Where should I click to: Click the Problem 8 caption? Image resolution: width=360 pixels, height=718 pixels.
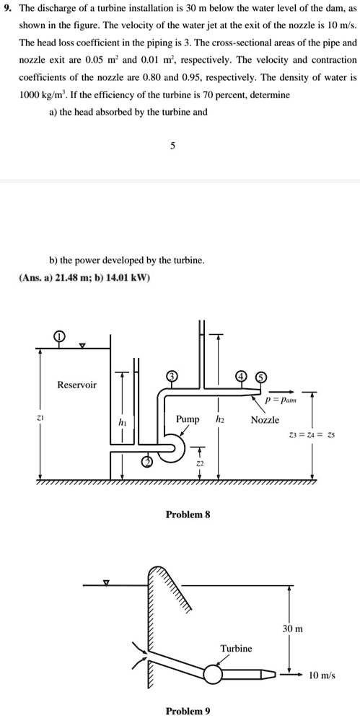tap(188, 515)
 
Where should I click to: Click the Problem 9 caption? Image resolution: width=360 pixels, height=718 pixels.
tap(188, 711)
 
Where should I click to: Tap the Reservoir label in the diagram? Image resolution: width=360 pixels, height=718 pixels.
tap(77, 385)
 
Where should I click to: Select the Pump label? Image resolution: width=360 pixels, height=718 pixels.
tap(188, 419)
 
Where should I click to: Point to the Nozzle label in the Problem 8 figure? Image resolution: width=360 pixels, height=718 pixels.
tap(265, 419)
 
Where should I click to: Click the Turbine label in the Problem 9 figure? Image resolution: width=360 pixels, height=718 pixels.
tap(236, 648)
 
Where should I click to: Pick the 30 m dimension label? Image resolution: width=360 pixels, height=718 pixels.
tap(294, 629)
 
